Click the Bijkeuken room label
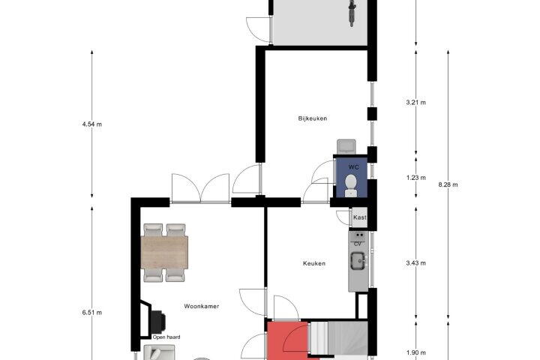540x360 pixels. coord(312,118)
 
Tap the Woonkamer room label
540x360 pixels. coord(202,306)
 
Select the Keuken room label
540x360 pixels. coord(314,263)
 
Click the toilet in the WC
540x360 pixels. coord(350,186)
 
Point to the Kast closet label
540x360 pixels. coord(360,217)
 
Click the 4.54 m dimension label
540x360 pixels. coord(92,124)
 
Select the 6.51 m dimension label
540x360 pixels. coord(92,313)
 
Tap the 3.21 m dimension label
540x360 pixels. coord(415,102)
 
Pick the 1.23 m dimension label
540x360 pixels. coord(415,178)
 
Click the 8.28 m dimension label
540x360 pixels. coord(448,184)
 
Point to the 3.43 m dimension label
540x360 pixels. coord(415,263)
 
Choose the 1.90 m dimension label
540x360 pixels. coord(415,352)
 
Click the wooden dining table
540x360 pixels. coord(164,252)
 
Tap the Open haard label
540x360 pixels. coord(166,337)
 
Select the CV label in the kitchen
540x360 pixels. coord(358,244)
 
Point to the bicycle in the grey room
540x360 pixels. coord(352,13)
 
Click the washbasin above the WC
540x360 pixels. coord(346,146)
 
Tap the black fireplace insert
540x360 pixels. coord(157,322)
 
